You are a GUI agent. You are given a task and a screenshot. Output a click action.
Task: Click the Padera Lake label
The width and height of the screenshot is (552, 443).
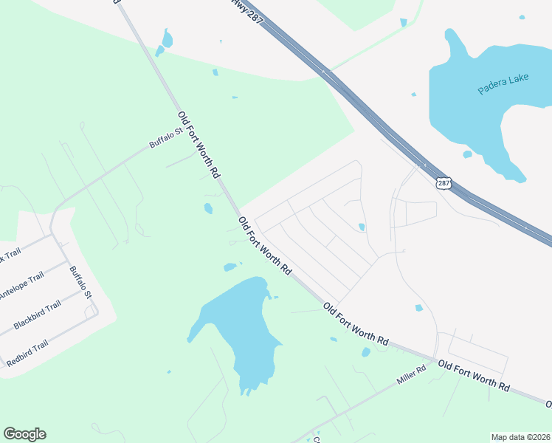click(503, 83)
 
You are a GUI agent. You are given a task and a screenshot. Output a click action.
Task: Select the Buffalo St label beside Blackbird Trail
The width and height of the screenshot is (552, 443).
click(80, 282)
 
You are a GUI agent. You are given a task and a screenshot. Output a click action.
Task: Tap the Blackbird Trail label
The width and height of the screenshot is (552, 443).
click(37, 315)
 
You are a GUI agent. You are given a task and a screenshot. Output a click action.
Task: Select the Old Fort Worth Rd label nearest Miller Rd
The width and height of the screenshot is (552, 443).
click(473, 376)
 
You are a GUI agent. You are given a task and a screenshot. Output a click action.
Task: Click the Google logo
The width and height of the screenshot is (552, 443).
click(24, 434)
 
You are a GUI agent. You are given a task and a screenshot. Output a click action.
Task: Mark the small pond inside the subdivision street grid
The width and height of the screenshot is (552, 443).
click(361, 227)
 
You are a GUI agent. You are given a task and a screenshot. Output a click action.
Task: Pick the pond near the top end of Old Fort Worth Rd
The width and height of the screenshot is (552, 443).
click(167, 38)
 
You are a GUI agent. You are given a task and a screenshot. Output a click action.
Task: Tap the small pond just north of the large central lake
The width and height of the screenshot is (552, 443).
click(230, 267)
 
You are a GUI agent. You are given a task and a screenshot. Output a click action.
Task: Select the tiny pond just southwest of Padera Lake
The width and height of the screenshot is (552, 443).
click(467, 154)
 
